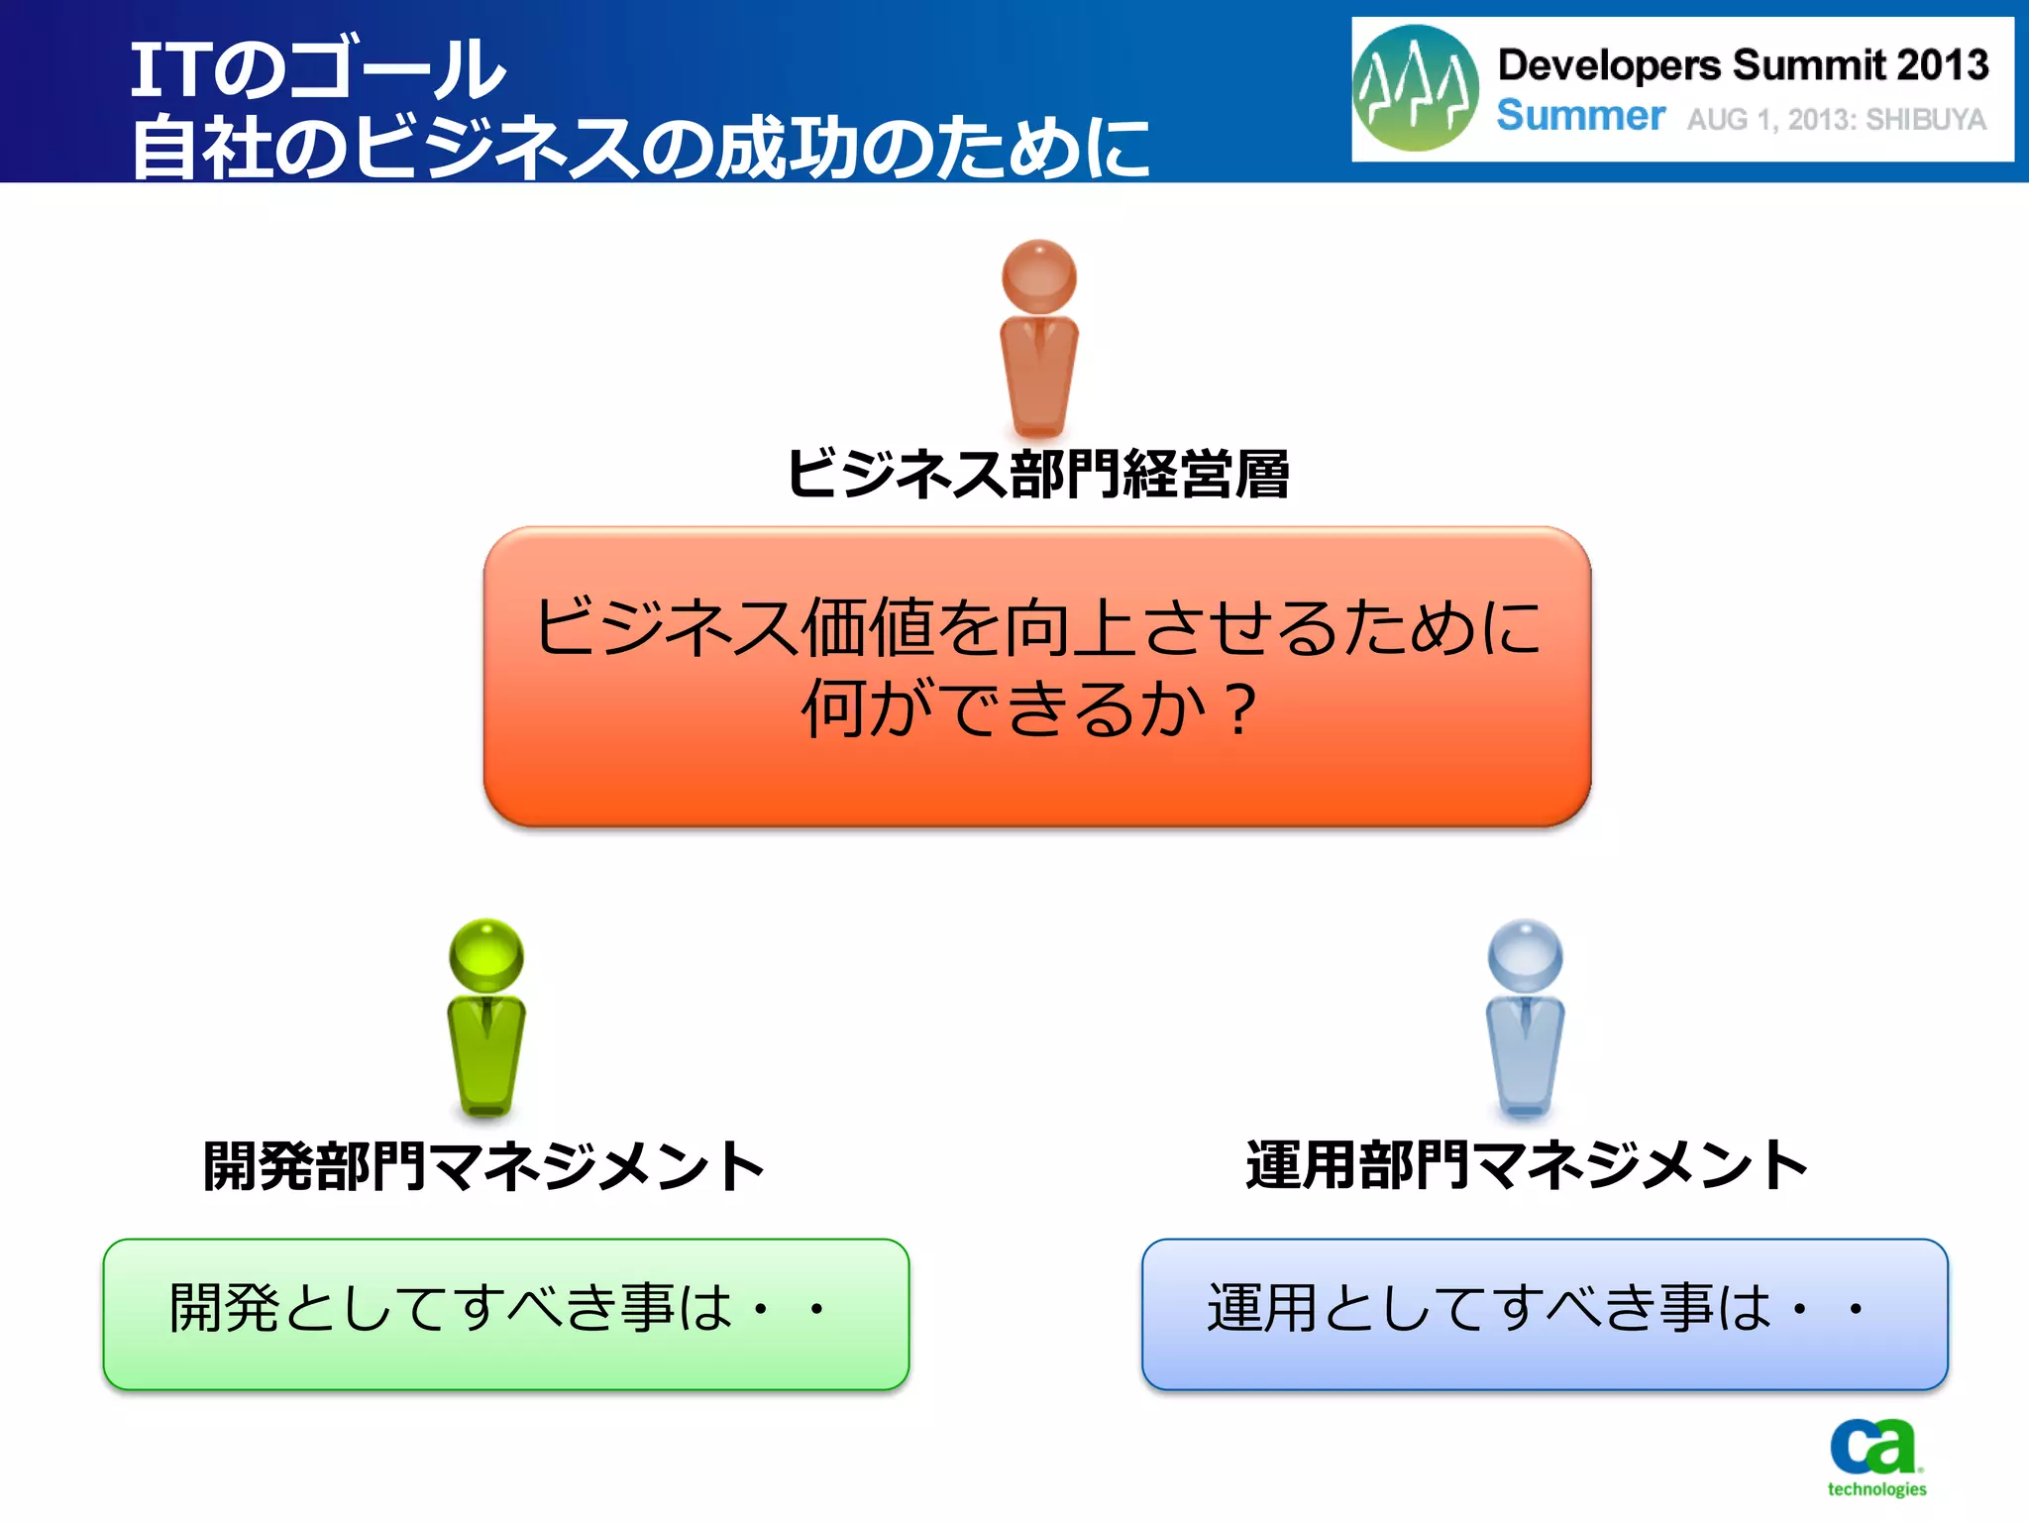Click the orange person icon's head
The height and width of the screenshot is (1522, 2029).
tap(1038, 275)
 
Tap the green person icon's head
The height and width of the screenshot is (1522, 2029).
tap(485, 955)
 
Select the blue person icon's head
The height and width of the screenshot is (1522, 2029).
tap(1525, 955)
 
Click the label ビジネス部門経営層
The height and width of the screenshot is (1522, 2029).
tap(1037, 474)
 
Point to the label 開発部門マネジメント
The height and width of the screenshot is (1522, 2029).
tap(483, 1165)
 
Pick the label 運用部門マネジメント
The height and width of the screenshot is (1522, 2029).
tap(1526, 1165)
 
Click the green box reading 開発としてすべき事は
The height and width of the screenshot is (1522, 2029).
tap(505, 1314)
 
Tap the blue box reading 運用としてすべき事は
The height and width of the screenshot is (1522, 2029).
tap(1544, 1314)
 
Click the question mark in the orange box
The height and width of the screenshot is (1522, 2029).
tap(1239, 709)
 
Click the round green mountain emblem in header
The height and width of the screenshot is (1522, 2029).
tap(1415, 88)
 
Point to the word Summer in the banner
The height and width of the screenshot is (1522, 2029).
tap(1580, 116)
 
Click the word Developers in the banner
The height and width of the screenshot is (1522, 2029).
tap(1609, 65)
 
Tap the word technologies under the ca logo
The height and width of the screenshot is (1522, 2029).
tap(1876, 1489)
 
